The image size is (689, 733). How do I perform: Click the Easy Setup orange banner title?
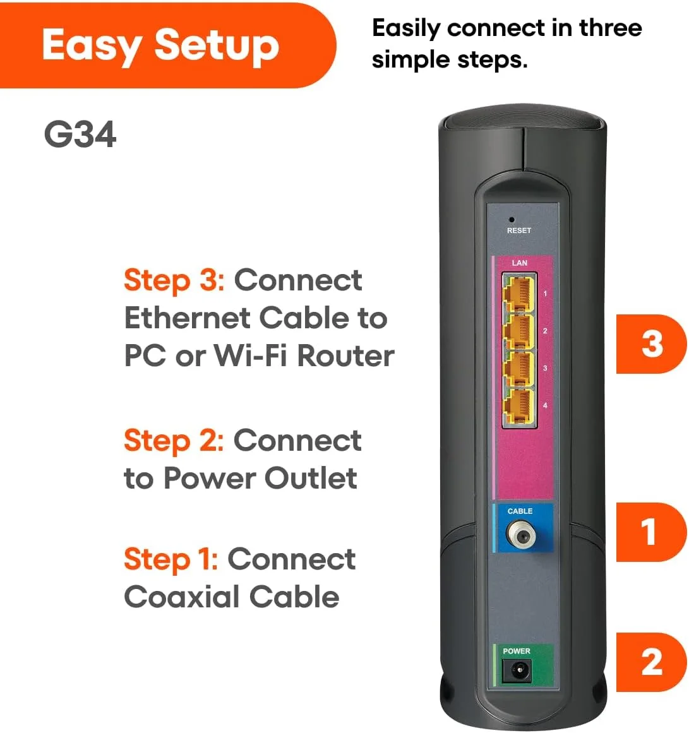point(160,45)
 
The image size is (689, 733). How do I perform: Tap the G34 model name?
point(80,134)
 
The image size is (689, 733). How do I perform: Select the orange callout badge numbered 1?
point(650,532)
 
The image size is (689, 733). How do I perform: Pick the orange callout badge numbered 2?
point(650,662)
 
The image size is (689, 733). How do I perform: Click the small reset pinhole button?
point(512,220)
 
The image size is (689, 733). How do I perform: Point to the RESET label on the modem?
point(519,230)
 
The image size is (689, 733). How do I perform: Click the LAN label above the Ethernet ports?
point(519,263)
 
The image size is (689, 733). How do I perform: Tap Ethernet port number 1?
point(518,294)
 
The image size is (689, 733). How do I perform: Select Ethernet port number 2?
point(518,331)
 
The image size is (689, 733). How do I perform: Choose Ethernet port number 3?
point(518,369)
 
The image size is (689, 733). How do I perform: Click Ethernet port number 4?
point(518,406)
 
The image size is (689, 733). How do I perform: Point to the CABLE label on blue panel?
point(520,511)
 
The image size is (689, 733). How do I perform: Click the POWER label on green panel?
point(517,651)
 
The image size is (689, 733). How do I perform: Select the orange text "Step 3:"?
point(174,280)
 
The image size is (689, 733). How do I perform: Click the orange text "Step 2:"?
point(174,441)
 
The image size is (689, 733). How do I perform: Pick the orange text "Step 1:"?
point(171,559)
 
